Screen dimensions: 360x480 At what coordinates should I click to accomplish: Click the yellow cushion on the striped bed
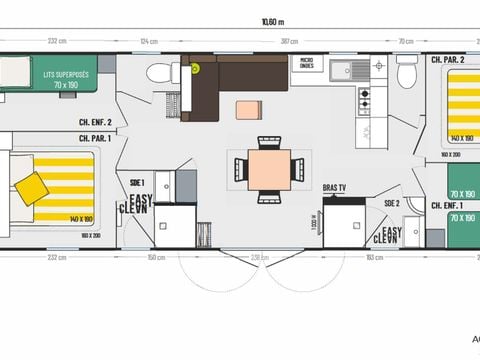click(x=31, y=187)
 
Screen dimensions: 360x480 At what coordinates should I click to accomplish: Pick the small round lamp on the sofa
click(x=196, y=68)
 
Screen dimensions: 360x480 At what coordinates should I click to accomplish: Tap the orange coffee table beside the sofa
click(x=248, y=109)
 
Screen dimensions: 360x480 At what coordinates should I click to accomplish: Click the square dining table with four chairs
click(x=269, y=169)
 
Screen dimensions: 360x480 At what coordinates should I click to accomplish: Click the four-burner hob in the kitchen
click(x=364, y=98)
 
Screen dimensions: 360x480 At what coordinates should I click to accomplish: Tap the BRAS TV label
click(x=334, y=186)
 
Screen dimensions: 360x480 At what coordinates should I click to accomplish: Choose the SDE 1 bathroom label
click(x=138, y=182)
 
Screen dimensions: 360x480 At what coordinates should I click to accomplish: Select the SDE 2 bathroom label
click(x=391, y=204)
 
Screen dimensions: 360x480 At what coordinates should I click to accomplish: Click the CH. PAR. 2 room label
click(x=447, y=60)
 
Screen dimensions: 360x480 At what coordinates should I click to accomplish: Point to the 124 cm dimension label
click(x=150, y=40)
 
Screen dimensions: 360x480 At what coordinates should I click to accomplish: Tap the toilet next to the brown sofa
click(x=158, y=73)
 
